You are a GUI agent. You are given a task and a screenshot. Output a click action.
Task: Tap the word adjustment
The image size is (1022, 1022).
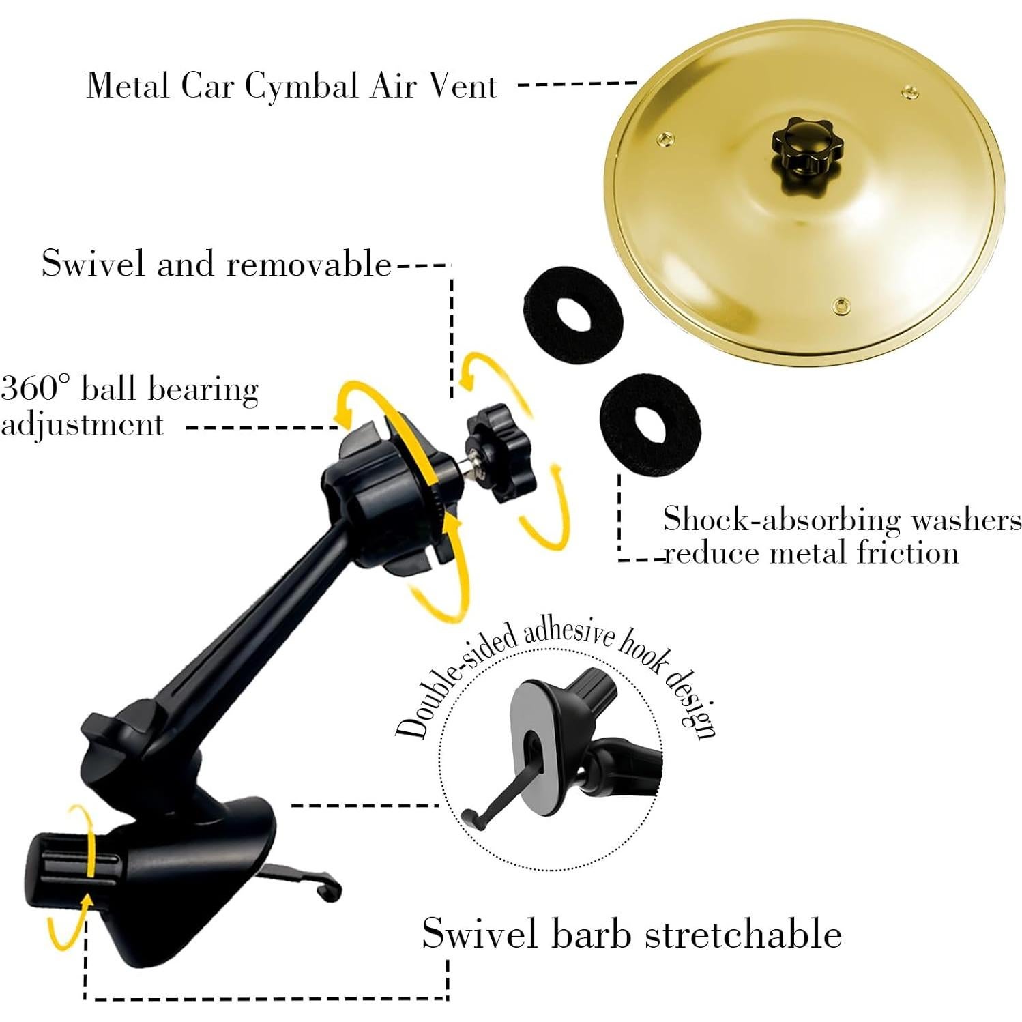pos(82,425)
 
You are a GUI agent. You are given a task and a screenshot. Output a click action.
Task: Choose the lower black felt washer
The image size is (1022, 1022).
pos(649,424)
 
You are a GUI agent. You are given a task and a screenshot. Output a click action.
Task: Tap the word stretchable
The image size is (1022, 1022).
pos(744,933)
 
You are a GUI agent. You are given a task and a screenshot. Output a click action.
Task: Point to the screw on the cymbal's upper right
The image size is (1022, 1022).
pos(909,93)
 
